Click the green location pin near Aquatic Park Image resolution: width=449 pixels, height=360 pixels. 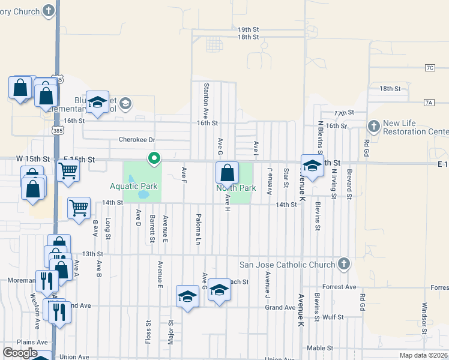(154, 159)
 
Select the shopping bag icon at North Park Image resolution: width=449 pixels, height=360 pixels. (228, 173)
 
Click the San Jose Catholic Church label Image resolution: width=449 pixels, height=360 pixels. (287, 265)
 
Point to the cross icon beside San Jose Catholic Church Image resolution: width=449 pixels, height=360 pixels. (343, 264)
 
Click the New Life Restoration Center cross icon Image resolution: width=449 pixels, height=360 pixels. (374, 126)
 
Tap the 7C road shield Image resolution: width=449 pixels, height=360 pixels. (429, 68)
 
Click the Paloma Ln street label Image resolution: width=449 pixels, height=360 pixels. (197, 229)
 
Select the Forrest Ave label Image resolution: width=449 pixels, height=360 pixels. (340, 287)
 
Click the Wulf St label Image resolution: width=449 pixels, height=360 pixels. (332, 317)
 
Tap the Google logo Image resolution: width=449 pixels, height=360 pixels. (20, 353)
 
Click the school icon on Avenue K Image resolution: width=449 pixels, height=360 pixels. (312, 167)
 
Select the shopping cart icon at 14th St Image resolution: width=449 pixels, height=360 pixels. (79, 208)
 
